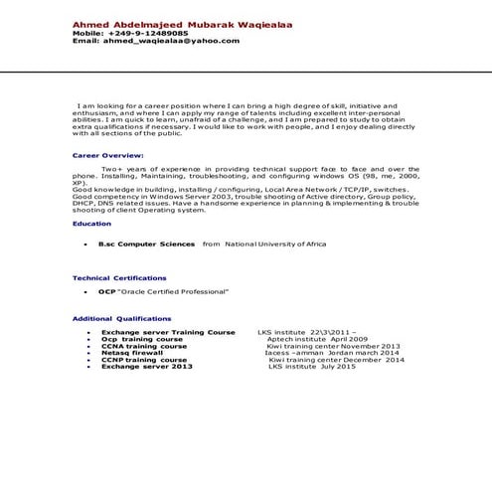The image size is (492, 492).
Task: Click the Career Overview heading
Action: tap(108, 156)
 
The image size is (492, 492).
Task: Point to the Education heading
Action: tap(92, 224)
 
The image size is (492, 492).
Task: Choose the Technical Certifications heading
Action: tap(120, 277)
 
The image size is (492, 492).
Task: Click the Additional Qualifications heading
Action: tap(122, 318)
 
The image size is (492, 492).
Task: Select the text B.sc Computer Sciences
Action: tap(146, 243)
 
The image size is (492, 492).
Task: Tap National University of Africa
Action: tap(276, 243)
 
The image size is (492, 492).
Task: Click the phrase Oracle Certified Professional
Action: tap(174, 291)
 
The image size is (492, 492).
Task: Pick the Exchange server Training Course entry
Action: tap(168, 332)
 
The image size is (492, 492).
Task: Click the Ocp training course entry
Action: tap(142, 339)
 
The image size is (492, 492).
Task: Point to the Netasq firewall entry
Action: tap(132, 353)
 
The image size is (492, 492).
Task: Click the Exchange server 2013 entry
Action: tap(146, 367)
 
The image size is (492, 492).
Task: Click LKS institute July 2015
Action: tap(312, 367)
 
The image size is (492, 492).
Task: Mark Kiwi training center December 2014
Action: tap(323, 360)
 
